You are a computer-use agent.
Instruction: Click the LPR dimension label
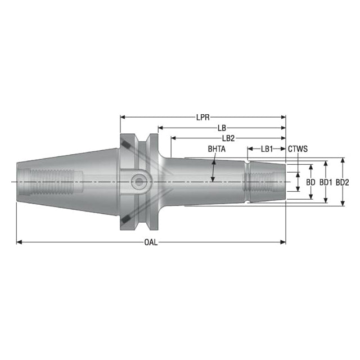click(x=203, y=118)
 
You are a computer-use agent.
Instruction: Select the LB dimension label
click(x=222, y=128)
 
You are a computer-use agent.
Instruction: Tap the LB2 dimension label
click(x=228, y=138)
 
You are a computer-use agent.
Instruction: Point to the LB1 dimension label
click(x=267, y=149)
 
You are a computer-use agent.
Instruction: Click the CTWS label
click(x=298, y=149)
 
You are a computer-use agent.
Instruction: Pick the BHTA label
click(x=217, y=149)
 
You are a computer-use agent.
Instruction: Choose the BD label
click(x=310, y=182)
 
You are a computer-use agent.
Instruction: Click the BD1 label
click(x=326, y=182)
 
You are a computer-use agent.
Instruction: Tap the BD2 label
click(x=343, y=182)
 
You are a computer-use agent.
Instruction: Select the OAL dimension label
click(x=151, y=242)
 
